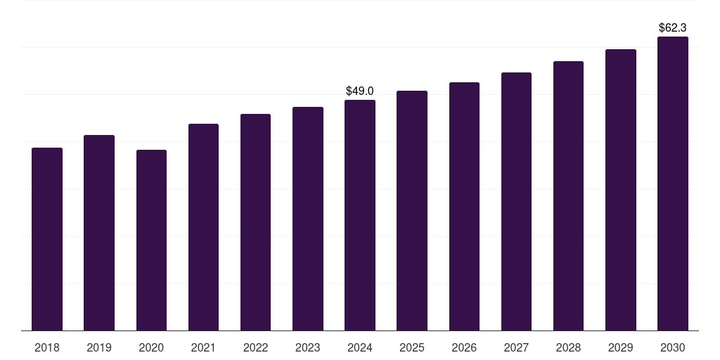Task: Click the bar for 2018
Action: [x=47, y=239]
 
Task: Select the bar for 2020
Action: [x=151, y=240]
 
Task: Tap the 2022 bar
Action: [x=255, y=222]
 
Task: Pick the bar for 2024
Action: [x=360, y=215]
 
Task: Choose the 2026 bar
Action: [x=464, y=206]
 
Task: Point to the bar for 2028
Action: [x=568, y=195]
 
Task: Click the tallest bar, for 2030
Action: [x=673, y=184]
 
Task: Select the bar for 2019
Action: [x=99, y=233]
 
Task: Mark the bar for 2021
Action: [x=203, y=227]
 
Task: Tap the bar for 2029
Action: [x=621, y=190]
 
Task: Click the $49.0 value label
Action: [x=360, y=91]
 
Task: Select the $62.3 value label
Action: [x=673, y=28]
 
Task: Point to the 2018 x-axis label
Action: [x=47, y=347]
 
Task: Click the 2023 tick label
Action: [x=308, y=347]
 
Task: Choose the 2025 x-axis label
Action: [x=412, y=347]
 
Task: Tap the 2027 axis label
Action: [x=516, y=347]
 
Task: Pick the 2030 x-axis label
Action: [x=673, y=347]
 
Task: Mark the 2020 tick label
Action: [x=151, y=347]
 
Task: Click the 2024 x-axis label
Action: [x=360, y=347]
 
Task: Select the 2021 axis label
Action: [x=203, y=347]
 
